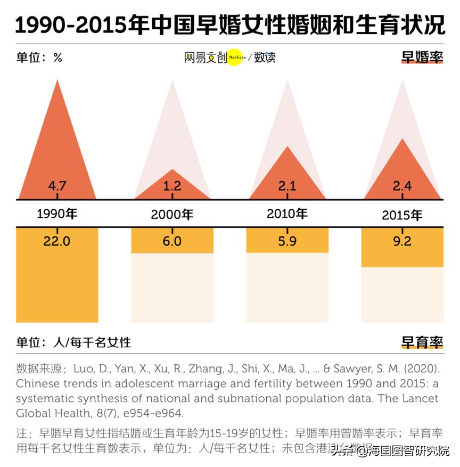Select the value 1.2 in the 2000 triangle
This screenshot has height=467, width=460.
[x=172, y=186]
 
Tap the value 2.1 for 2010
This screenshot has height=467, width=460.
[x=287, y=186]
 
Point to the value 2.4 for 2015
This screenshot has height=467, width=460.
[x=402, y=186]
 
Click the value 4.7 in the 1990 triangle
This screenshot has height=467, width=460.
[x=57, y=186]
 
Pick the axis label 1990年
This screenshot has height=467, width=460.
[x=57, y=214]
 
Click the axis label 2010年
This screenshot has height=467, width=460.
[x=287, y=214]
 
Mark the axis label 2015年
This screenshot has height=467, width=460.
[x=402, y=216]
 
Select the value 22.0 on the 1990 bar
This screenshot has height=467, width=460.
[x=57, y=241]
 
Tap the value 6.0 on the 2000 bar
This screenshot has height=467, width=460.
[x=172, y=241]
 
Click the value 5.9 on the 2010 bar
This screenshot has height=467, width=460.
[x=287, y=241]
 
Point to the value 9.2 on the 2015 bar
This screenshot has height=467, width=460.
[x=402, y=241]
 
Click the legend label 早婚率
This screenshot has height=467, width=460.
[x=422, y=58]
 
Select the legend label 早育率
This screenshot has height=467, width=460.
[x=422, y=342]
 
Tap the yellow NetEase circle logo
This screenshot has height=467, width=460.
[x=235, y=58]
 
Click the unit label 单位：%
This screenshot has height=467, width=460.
[x=39, y=58]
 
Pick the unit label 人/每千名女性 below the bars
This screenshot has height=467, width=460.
[x=92, y=342]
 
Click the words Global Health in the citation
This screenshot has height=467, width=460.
[x=51, y=413]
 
